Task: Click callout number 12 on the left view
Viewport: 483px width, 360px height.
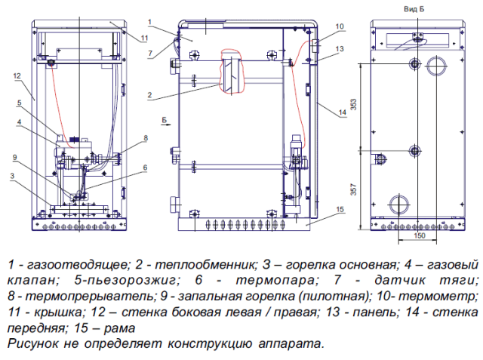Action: pos(17,75)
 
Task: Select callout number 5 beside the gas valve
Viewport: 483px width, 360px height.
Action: pos(17,103)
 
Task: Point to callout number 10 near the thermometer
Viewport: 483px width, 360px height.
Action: pos(340,26)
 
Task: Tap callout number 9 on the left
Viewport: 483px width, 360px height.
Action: pos(14,157)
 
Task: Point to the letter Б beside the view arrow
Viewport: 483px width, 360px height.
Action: pos(165,120)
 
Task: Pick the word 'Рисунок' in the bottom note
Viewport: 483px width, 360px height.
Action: pos(32,343)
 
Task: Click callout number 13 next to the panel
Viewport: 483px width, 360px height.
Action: pos(341,48)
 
